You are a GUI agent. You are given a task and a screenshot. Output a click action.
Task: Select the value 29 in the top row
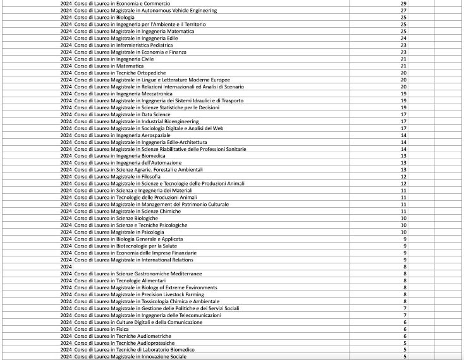click(403, 4)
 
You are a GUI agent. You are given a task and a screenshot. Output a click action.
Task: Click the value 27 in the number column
click(403, 11)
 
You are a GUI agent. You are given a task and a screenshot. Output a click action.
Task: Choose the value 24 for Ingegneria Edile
click(403, 38)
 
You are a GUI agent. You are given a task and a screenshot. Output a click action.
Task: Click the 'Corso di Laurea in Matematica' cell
click(109, 66)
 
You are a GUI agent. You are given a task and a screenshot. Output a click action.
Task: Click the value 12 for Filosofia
click(403, 177)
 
